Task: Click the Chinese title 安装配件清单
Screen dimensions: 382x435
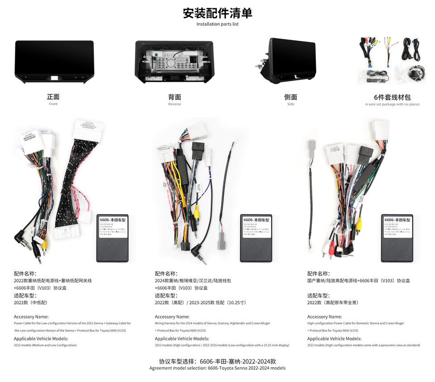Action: click(217, 13)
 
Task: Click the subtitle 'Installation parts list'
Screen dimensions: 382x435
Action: click(217, 24)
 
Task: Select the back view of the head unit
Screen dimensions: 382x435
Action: click(174, 62)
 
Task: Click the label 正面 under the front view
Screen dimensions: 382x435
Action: click(53, 97)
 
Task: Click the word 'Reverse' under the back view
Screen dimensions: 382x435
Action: click(174, 104)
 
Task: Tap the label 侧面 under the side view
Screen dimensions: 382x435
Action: click(290, 97)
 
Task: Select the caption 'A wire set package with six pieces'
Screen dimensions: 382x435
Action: click(392, 104)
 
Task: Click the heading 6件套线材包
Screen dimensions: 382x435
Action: click(392, 97)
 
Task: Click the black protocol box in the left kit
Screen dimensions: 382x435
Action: click(112, 238)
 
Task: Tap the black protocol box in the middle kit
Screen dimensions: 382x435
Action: click(256, 238)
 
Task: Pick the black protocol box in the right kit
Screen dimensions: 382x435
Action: click(397, 238)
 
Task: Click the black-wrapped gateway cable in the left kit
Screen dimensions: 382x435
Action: click(77, 181)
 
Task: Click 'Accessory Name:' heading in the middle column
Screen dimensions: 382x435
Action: click(172, 317)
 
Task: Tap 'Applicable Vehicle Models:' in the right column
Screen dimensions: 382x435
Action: click(334, 338)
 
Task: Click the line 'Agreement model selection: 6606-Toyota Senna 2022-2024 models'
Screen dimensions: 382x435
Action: click(217, 368)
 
